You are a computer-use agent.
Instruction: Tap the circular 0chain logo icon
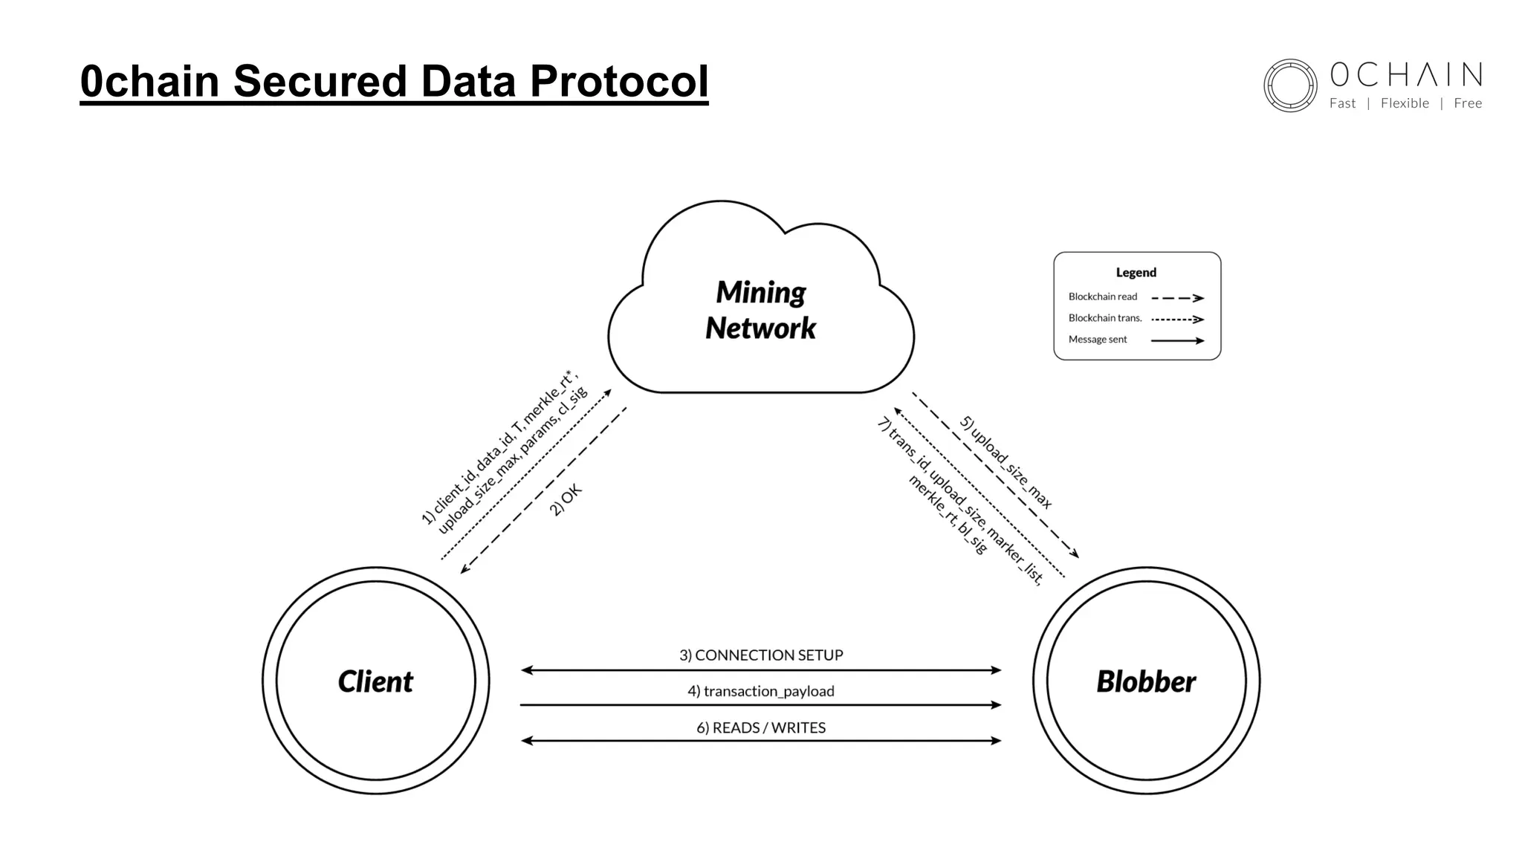point(1290,85)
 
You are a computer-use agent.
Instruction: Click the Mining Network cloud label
point(760,310)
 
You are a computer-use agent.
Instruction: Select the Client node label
point(375,681)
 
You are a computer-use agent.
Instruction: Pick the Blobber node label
point(1146,681)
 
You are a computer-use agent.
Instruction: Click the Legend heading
point(1136,273)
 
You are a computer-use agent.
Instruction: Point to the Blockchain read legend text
point(1102,296)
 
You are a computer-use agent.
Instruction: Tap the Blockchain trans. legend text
point(1104,318)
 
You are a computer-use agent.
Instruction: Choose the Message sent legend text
point(1097,340)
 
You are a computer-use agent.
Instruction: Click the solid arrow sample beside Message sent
point(1177,340)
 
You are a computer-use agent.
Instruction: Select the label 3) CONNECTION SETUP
point(761,655)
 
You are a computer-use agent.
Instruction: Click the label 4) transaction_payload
point(761,691)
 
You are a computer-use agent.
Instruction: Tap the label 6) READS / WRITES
point(761,727)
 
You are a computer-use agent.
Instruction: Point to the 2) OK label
point(566,499)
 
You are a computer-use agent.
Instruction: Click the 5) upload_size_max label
point(1006,462)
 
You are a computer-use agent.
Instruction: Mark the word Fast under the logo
point(1342,103)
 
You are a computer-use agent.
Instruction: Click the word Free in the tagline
point(1468,103)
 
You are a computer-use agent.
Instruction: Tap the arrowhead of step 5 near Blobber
point(1075,554)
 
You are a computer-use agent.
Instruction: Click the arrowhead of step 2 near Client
point(464,569)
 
